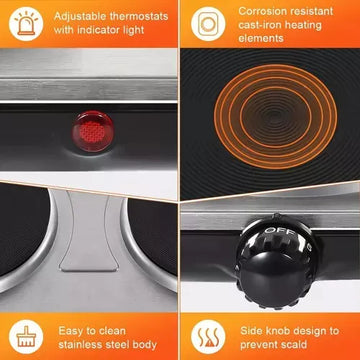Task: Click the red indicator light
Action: tap(93, 131)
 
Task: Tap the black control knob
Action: tap(275, 261)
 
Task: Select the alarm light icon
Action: tap(26, 23)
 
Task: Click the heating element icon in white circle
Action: tap(208, 24)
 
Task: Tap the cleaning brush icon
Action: tap(26, 337)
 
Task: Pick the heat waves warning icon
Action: tap(208, 337)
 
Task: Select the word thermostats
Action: tap(139, 16)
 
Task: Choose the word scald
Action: tap(292, 344)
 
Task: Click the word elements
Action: tap(261, 38)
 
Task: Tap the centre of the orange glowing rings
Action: tap(275, 116)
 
